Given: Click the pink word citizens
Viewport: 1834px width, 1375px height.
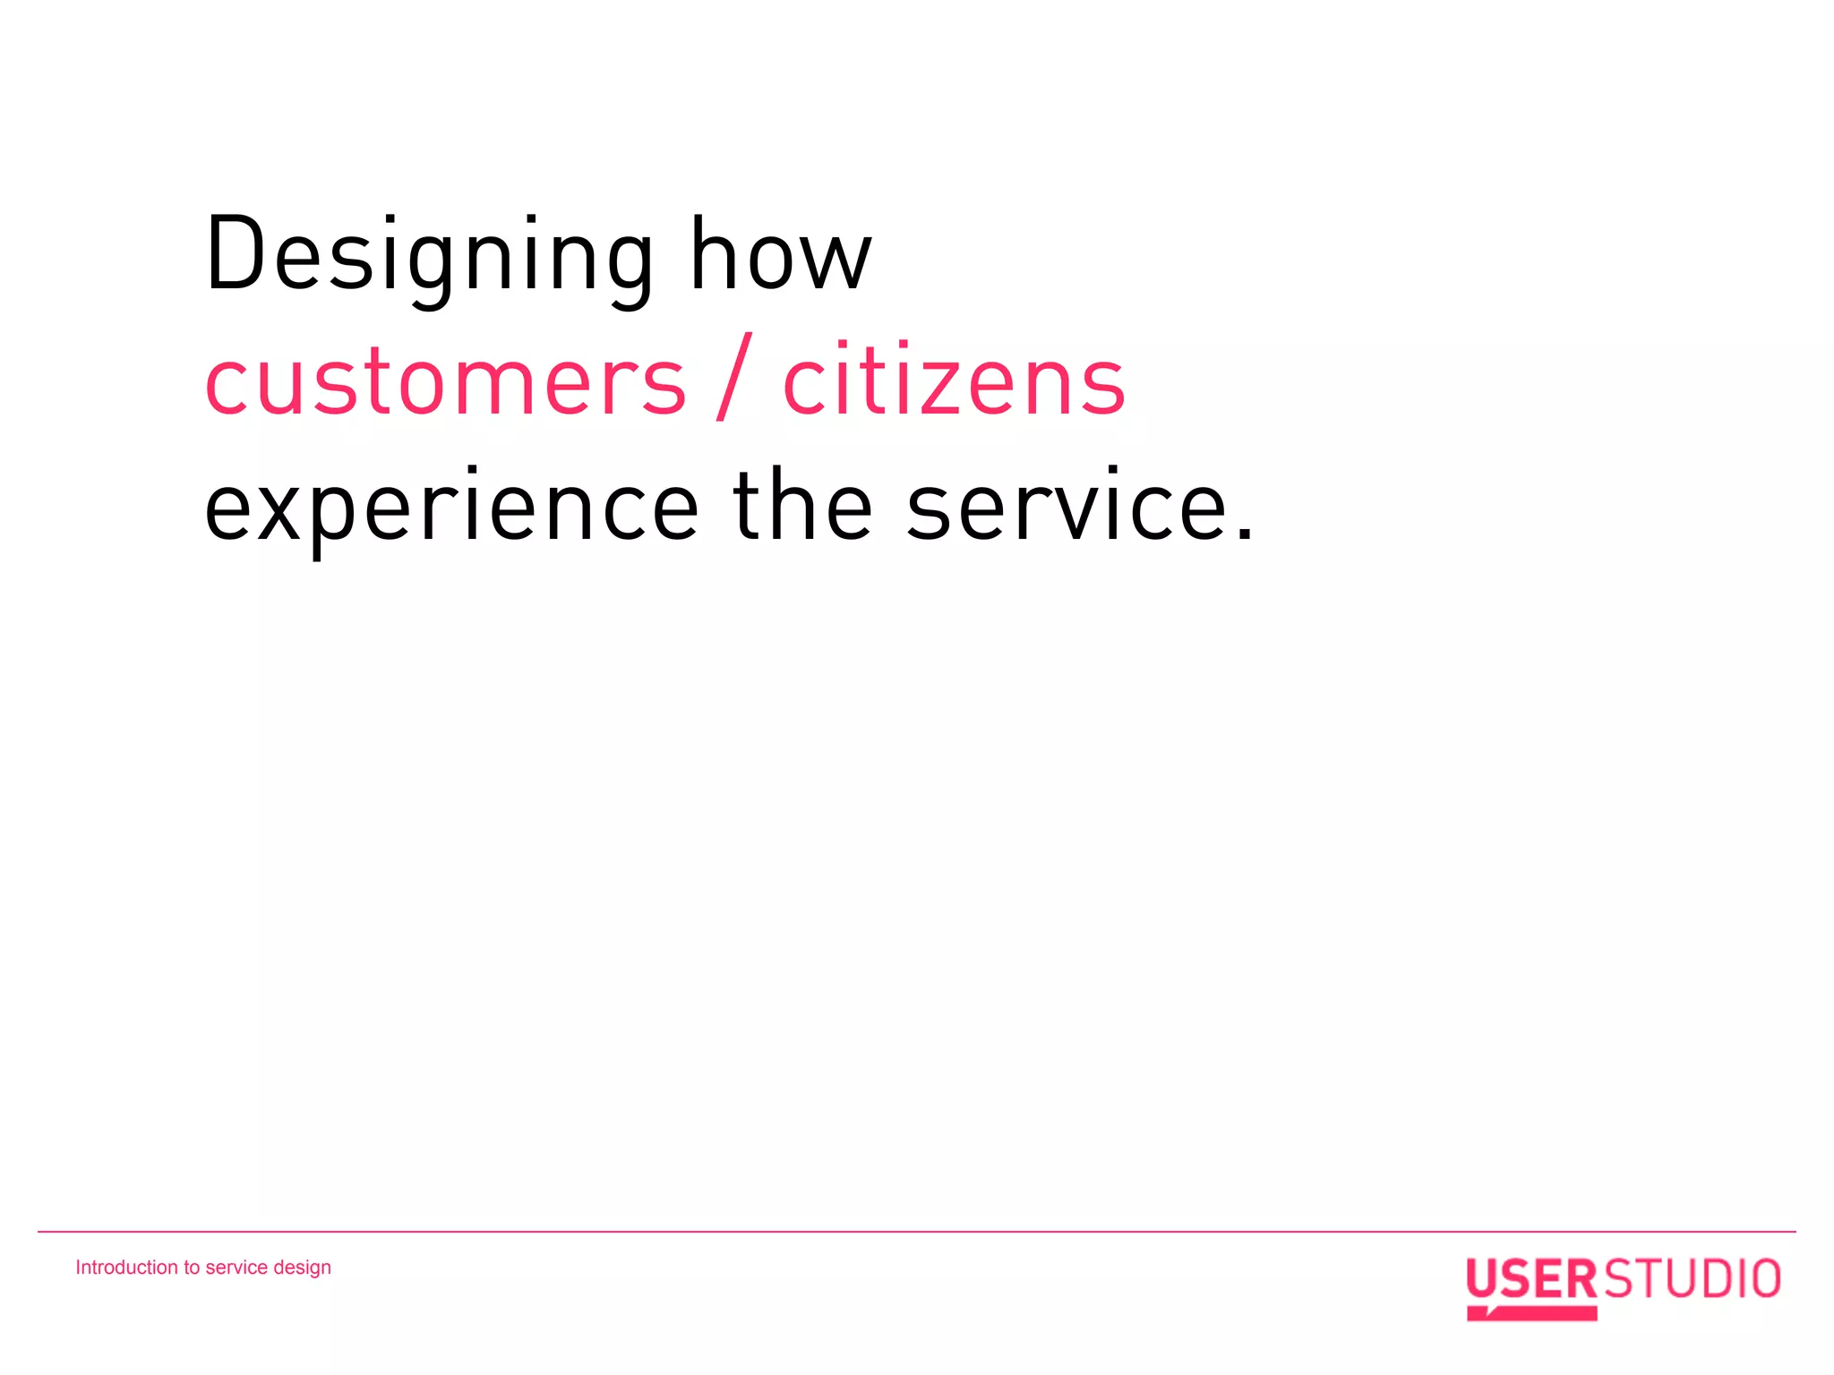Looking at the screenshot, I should point(954,381).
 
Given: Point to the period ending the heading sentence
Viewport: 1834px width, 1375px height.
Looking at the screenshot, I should point(1244,535).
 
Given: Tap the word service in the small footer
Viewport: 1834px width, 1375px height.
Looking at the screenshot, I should point(236,1268).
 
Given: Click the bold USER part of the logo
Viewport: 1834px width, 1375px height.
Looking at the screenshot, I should point(1530,1279).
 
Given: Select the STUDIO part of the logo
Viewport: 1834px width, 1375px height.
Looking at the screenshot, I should point(1691,1279).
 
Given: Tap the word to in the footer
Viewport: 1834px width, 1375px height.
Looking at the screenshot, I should point(192,1268).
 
